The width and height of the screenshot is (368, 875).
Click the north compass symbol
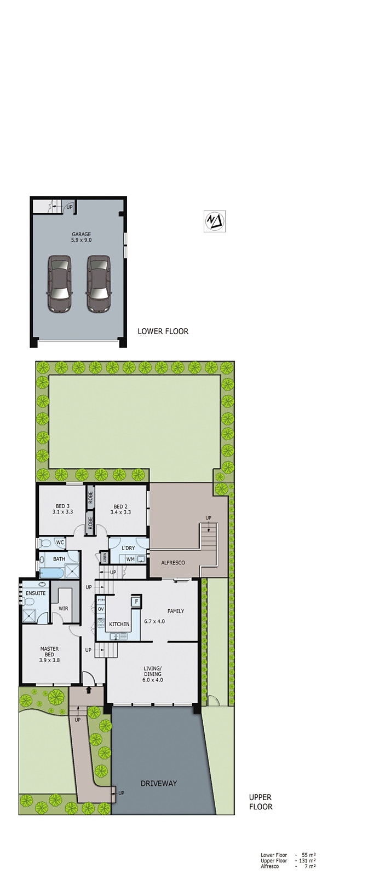pos(215,221)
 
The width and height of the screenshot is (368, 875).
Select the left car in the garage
pos(59,284)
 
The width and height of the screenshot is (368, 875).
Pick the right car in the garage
pos(99,284)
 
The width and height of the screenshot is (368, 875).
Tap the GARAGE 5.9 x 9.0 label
pos(81,237)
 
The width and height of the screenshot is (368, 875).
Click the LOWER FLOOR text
pos(163,331)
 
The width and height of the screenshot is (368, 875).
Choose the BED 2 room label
pos(120,509)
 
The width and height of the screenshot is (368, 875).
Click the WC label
pos(60,543)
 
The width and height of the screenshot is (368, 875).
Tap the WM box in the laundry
pos(130,559)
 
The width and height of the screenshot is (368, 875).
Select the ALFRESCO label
pos(173,563)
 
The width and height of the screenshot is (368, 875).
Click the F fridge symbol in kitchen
pos(136,602)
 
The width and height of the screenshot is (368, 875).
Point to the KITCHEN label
pos(119,624)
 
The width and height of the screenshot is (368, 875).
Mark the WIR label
pos(64,609)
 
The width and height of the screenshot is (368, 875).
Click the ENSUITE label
pos(36,593)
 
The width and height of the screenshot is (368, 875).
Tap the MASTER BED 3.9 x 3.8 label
pos(49,655)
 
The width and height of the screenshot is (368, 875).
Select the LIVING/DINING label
pos(153,674)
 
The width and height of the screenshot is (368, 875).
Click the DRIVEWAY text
pos(159,783)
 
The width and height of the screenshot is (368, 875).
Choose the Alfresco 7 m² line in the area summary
pos(288,866)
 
